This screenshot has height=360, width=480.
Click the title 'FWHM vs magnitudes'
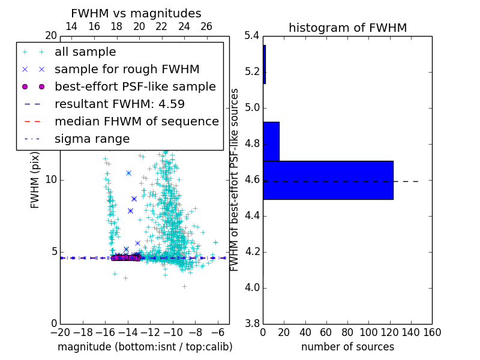pos(136,14)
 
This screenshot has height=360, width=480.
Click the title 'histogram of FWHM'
pos(347,28)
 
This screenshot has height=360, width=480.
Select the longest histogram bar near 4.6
pos(328,180)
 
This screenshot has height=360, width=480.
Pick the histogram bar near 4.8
pos(271,141)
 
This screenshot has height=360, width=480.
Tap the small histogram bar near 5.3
pos(264,64)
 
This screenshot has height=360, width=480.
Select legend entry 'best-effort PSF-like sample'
pos(135,86)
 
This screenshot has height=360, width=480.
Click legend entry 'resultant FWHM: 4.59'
pos(119,104)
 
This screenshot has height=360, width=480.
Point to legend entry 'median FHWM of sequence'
pos(136,121)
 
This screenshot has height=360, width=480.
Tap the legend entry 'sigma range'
pos(92,139)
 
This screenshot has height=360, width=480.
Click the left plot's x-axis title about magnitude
pos(145,347)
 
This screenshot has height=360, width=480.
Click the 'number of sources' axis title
pos(347,347)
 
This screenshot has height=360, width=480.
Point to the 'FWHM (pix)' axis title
pos(35,180)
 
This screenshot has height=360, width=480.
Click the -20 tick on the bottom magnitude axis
pos(60,332)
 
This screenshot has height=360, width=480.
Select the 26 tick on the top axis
pos(206,26)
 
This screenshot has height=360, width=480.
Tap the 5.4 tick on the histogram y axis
pos(252,36)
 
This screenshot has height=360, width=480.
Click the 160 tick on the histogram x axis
pos(432,332)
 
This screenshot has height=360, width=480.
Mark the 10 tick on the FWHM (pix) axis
pos(50,180)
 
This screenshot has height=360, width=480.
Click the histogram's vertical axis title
pos(235,180)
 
